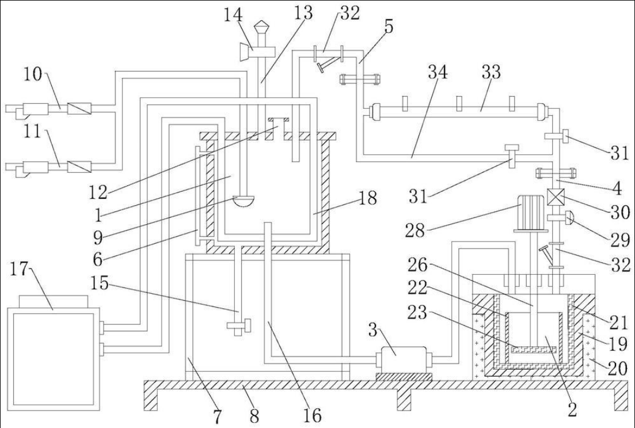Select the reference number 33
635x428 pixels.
point(491,72)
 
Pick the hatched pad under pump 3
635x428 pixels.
point(404,376)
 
